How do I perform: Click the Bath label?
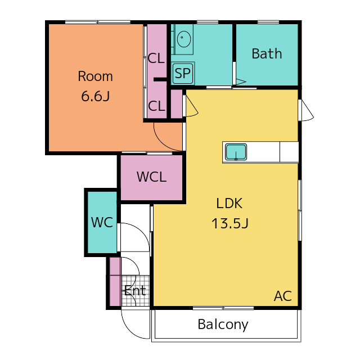point(267,54)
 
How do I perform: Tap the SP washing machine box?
point(183,74)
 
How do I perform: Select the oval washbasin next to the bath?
point(184,39)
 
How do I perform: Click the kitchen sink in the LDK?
point(236,152)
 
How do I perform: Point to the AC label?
point(283,296)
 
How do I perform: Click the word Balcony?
point(223,325)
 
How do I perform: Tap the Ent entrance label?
point(135,291)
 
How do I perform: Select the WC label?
point(102,222)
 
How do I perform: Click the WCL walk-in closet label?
point(151,177)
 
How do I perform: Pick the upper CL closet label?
point(156,58)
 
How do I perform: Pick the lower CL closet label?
point(156,106)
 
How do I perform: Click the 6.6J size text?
point(95,96)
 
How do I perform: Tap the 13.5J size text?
point(229,223)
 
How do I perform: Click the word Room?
point(95,76)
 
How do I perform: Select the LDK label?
point(229,204)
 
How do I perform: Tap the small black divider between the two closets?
point(160,79)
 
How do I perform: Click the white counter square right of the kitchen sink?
point(289,152)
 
